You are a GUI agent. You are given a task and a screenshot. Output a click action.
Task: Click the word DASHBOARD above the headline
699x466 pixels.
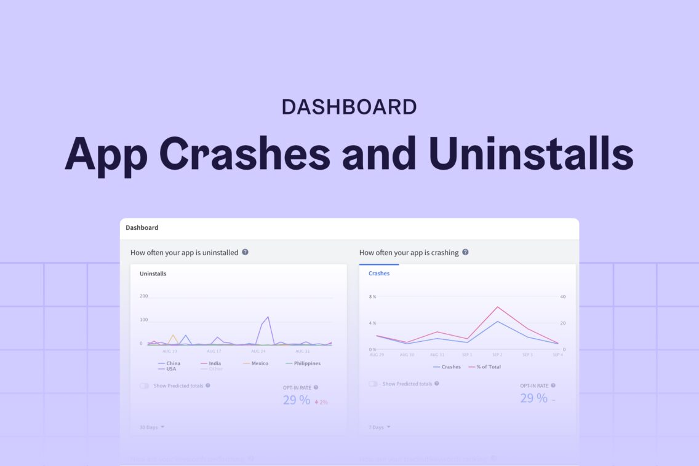click(x=349, y=107)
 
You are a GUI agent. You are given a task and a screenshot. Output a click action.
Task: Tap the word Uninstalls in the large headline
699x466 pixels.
click(x=531, y=152)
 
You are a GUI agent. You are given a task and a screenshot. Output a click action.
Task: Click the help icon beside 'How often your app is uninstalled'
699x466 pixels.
click(x=245, y=252)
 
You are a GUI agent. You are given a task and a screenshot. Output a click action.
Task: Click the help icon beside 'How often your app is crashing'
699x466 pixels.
click(x=465, y=252)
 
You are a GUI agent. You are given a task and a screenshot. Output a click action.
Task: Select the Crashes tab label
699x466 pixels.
click(x=379, y=273)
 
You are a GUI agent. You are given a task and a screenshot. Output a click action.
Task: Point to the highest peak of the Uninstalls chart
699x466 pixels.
click(x=268, y=317)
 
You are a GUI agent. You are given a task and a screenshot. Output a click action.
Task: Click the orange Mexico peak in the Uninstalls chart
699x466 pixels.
click(x=173, y=336)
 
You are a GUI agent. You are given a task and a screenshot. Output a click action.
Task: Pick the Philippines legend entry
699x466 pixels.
click(x=302, y=363)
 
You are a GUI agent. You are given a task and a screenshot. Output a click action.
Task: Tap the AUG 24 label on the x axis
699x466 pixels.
click(x=258, y=351)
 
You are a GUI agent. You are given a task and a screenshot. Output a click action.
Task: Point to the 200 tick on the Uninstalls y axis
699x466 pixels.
click(x=144, y=296)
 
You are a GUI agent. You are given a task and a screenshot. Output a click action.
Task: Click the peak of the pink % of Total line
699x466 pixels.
click(x=497, y=307)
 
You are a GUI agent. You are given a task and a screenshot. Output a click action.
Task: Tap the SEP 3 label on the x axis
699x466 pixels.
click(x=527, y=355)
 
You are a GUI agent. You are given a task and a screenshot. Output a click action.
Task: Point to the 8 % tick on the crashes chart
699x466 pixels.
click(x=372, y=297)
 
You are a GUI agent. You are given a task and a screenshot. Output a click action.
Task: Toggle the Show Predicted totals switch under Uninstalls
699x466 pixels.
click(x=145, y=386)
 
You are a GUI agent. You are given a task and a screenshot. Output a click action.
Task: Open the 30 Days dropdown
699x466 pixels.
click(x=151, y=427)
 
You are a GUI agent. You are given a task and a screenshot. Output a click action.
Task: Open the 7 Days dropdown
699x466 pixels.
click(x=379, y=427)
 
